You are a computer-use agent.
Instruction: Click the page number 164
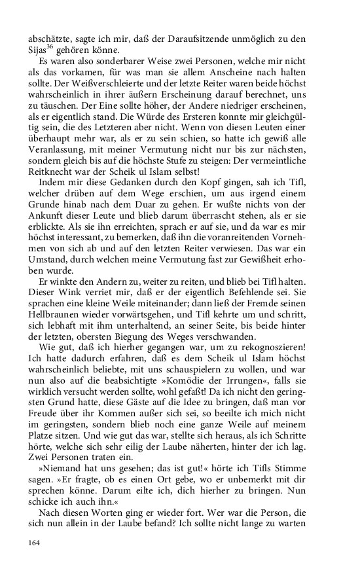click(34, 543)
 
